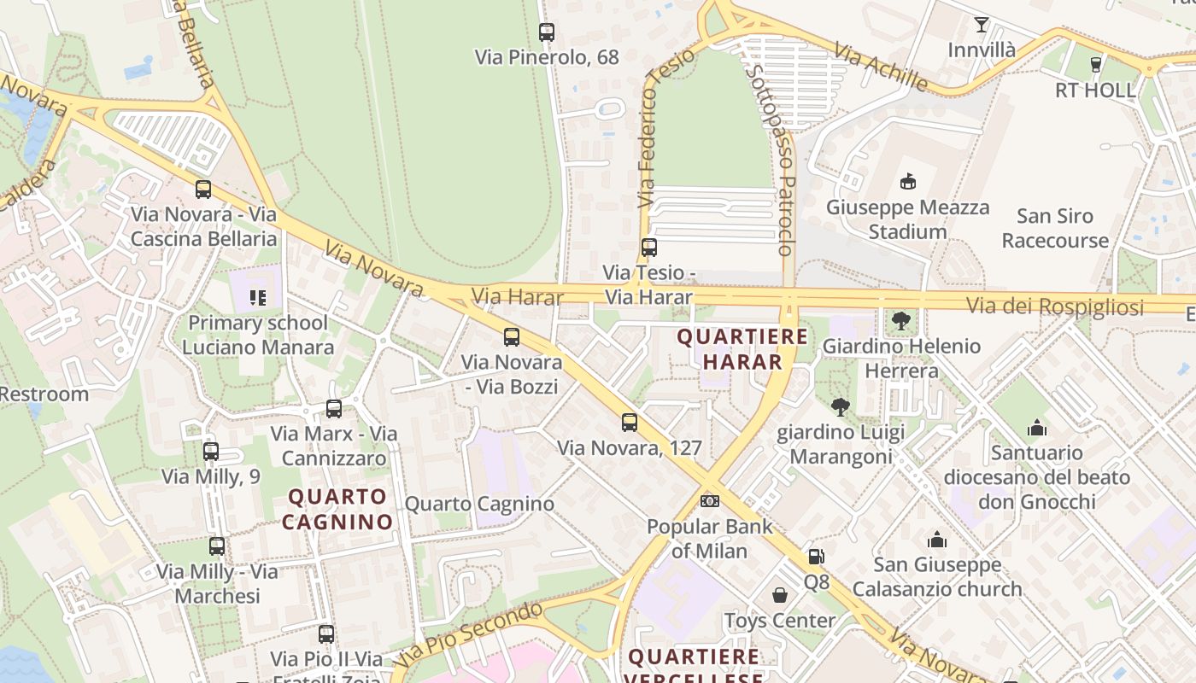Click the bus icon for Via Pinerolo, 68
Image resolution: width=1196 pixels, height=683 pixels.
point(547,32)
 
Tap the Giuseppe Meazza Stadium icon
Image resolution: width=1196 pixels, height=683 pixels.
point(907,181)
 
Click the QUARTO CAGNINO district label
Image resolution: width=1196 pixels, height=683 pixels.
point(337,509)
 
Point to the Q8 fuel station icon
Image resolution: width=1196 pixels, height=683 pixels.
point(817,557)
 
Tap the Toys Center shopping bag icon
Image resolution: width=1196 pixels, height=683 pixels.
point(780,595)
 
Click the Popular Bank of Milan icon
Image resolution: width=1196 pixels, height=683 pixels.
point(709,501)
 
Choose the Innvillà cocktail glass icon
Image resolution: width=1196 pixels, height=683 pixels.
point(982,25)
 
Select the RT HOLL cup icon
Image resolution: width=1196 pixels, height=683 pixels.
point(1096,64)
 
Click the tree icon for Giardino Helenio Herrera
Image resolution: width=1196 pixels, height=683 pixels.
point(900,321)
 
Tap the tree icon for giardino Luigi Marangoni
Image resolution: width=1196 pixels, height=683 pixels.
point(841,407)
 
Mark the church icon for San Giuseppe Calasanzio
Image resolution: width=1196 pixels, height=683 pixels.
point(937,540)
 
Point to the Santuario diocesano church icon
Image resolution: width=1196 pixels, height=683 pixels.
point(1037,427)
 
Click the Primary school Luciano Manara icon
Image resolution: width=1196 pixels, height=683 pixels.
point(257,298)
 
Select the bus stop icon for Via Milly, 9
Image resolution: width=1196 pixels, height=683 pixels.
point(211,452)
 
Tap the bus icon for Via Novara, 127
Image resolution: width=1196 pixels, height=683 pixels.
point(630,423)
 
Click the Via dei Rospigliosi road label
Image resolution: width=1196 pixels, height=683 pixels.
point(1054,306)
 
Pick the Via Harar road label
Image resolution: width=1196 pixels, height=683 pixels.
point(518,297)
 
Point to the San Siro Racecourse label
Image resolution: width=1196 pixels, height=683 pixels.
point(1055,228)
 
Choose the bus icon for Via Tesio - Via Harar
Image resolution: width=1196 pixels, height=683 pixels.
point(649,248)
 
